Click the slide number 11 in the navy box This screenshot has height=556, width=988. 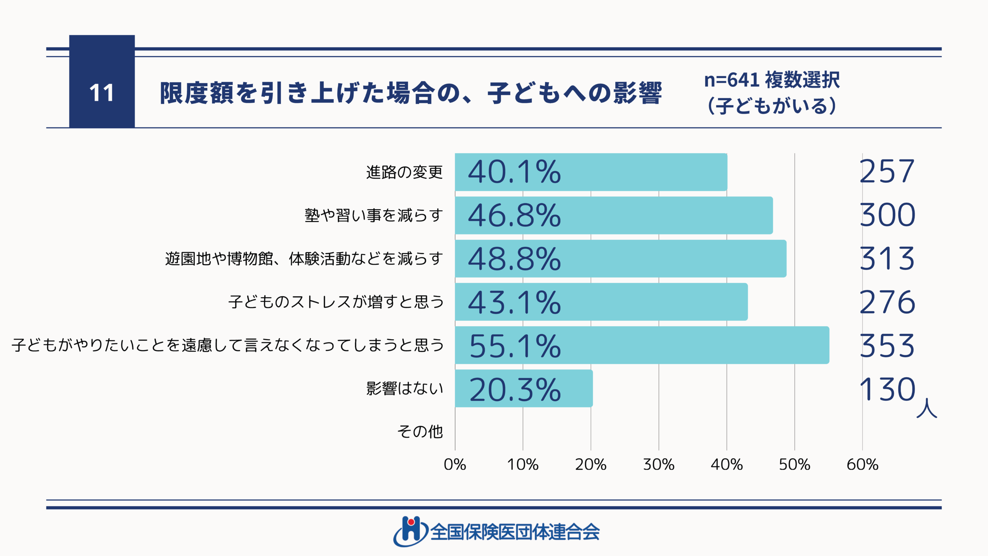pyautogui.click(x=102, y=93)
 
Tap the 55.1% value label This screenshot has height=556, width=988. pyautogui.click(x=515, y=346)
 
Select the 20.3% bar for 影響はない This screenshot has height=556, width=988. pyautogui.click(x=524, y=388)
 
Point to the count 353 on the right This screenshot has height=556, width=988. pyautogui.click(x=887, y=346)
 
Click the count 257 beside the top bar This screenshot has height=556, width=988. pyautogui.click(x=887, y=171)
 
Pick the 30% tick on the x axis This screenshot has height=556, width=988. pyautogui.click(x=659, y=464)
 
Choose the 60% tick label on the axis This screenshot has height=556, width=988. pyautogui.click(x=863, y=464)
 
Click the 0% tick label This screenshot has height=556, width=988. pyautogui.click(x=455, y=464)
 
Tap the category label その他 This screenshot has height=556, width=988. pyautogui.click(x=420, y=432)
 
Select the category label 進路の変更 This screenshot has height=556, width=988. pyautogui.click(x=404, y=172)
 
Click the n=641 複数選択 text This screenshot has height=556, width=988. pyautogui.click(x=772, y=80)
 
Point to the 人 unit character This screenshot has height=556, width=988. pyautogui.click(x=927, y=408)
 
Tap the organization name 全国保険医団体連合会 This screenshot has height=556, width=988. pyautogui.click(x=515, y=532)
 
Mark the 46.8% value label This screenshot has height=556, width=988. pyautogui.click(x=514, y=215)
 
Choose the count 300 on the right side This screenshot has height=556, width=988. pyautogui.click(x=887, y=215)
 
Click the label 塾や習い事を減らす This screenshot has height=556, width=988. pyautogui.click(x=374, y=215)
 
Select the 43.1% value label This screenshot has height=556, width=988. pyautogui.click(x=514, y=302)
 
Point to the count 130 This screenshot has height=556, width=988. pyautogui.click(x=887, y=389)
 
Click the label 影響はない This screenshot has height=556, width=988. pyautogui.click(x=404, y=388)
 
